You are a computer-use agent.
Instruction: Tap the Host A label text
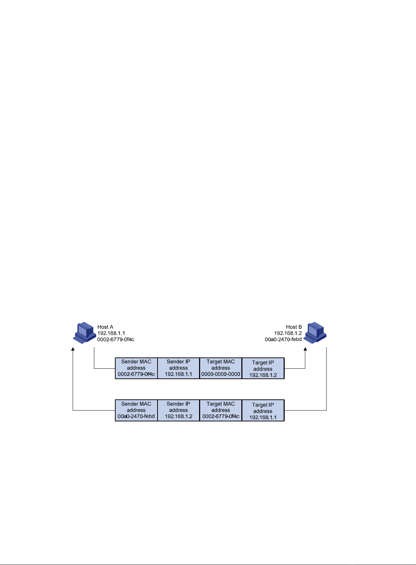click(x=105, y=327)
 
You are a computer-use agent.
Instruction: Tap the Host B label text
click(x=294, y=327)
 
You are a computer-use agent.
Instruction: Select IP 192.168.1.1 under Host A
click(x=111, y=333)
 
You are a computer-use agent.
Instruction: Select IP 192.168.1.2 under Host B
click(x=288, y=333)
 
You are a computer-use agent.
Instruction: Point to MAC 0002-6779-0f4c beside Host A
click(x=116, y=340)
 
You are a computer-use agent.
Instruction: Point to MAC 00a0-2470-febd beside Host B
click(x=283, y=340)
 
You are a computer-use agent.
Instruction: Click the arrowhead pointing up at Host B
click(x=305, y=349)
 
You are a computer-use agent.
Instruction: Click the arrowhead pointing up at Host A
click(x=73, y=349)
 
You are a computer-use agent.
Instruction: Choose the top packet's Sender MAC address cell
click(x=136, y=368)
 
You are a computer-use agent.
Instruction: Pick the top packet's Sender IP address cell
click(x=178, y=368)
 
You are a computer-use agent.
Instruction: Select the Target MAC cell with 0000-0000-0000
click(x=221, y=368)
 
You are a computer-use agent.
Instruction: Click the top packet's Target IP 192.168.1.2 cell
click(x=263, y=368)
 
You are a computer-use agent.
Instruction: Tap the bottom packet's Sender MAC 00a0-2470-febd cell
click(x=136, y=410)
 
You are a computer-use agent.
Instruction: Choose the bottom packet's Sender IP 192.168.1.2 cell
click(x=178, y=410)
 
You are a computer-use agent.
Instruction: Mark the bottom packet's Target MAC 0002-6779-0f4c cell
click(x=221, y=410)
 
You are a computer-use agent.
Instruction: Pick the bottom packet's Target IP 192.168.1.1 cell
click(x=263, y=410)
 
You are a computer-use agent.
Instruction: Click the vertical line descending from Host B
click(x=327, y=379)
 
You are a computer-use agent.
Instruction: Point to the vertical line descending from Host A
click(x=94, y=358)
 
